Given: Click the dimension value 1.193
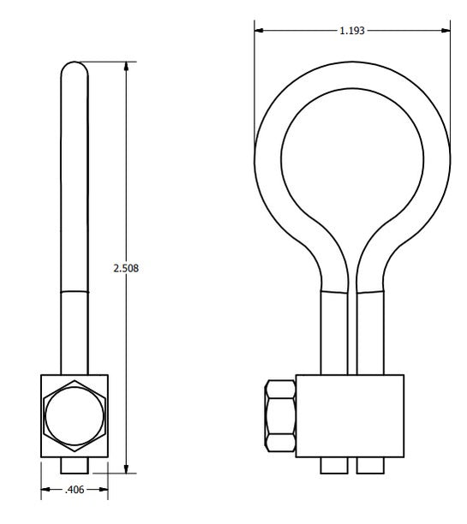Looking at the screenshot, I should point(352,31).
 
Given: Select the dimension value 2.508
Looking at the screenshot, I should point(126,268).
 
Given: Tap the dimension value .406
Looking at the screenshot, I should point(75,491).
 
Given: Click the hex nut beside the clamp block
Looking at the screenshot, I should point(281,416).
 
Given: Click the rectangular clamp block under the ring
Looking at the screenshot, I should point(350,416).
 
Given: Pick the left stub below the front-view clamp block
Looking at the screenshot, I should point(334,465).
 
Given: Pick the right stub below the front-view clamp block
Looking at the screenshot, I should point(370,465).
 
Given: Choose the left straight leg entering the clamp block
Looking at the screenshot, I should point(334,334).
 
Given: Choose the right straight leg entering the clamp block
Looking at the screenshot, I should point(370,334).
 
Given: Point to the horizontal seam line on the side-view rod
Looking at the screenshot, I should point(75,291).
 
